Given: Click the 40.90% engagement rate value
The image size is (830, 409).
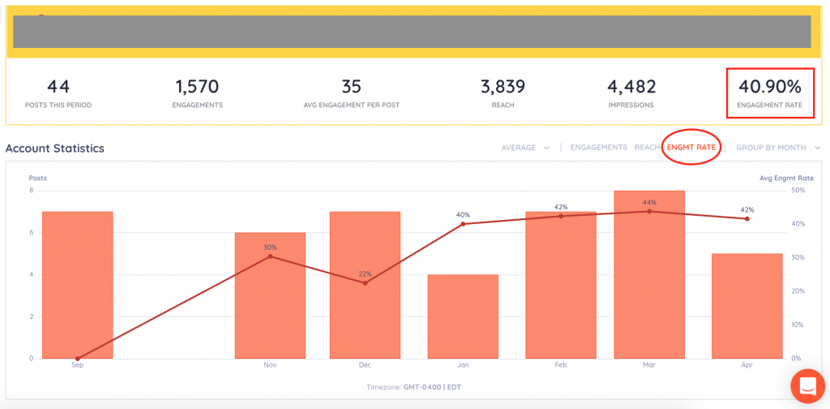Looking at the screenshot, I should [769, 86].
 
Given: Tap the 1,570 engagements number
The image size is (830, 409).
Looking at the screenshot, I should [196, 86].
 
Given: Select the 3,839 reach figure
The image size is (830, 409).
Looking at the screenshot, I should [503, 86].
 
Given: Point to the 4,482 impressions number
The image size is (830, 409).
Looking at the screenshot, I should [631, 86].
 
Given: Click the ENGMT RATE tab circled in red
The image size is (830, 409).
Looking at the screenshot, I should [691, 147].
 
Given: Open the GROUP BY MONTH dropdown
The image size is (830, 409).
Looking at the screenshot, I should [777, 148].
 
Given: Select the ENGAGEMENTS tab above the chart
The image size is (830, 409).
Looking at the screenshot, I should [598, 147].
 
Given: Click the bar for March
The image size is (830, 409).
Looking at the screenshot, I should [649, 276].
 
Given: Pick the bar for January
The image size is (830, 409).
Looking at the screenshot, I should [463, 316].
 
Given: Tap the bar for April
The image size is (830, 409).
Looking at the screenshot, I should [747, 306].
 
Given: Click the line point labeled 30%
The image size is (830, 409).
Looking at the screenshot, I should [270, 256].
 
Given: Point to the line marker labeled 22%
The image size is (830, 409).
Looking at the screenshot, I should [365, 283].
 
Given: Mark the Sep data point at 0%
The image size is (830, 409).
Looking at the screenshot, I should [77, 358].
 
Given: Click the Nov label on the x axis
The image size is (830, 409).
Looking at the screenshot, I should [270, 366].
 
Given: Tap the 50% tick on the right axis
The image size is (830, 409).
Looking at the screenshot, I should [797, 191].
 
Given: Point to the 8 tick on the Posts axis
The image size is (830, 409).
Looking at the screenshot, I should [32, 191].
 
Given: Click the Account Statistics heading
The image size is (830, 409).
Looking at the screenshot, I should [55, 149].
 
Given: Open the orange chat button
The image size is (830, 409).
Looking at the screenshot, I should [808, 386].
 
